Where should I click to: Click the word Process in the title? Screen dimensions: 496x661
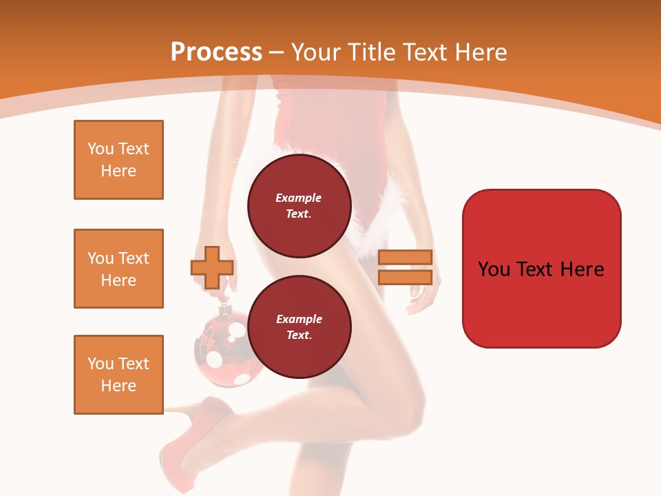pos(216,52)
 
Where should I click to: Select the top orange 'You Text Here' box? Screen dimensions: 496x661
pos(118,160)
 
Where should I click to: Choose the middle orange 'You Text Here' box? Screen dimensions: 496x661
pos(118,269)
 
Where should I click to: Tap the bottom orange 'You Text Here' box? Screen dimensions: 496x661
pos(118,375)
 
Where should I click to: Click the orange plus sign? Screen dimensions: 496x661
pos(212,267)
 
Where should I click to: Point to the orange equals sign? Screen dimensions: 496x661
pos(405,267)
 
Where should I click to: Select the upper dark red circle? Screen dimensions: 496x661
pos(299,206)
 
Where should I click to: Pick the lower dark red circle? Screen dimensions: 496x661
pos(299,327)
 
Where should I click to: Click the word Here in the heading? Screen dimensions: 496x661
pos(481,52)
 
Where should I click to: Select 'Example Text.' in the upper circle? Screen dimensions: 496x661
pos(299,206)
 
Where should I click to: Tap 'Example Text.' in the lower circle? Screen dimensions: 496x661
pos(299,327)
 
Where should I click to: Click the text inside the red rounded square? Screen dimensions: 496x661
pos(541,269)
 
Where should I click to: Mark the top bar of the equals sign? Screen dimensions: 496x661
pos(405,257)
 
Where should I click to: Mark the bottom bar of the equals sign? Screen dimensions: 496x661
pos(405,278)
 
